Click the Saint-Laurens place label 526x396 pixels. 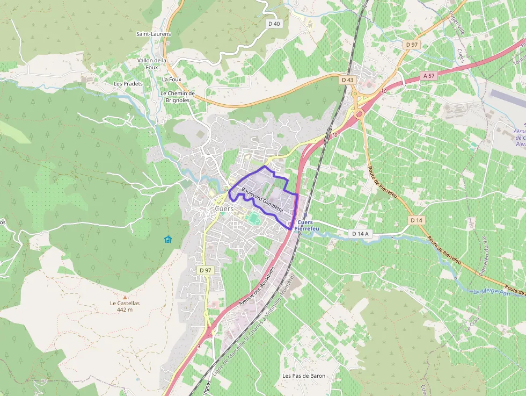click(x=154, y=34)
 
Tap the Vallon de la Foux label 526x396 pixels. click(x=152, y=64)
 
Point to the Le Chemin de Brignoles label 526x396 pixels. click(x=177, y=96)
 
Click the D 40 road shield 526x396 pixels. click(x=274, y=24)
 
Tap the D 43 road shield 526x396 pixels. click(x=348, y=80)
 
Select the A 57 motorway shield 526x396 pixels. click(x=428, y=76)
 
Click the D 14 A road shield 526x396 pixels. click(x=361, y=234)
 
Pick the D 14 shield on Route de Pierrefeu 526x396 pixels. click(x=417, y=220)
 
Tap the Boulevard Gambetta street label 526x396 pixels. click(x=262, y=199)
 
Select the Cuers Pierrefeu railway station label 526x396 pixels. click(x=305, y=226)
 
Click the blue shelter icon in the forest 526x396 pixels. click(x=168, y=239)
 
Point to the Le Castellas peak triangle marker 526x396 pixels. click(x=125, y=297)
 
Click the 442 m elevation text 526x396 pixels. click(x=125, y=310)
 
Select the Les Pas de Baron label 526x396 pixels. click(x=304, y=376)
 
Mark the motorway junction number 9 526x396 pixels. click(x=198, y=346)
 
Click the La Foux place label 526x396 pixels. click(x=172, y=79)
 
